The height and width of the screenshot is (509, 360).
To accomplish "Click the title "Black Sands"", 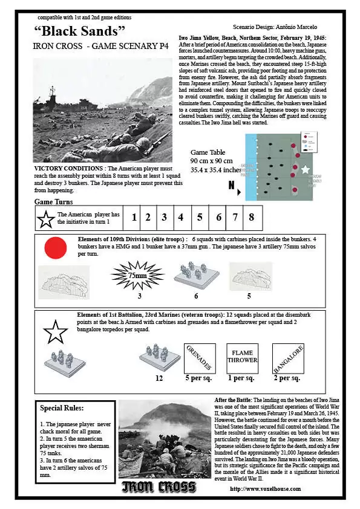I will click(x=80, y=30).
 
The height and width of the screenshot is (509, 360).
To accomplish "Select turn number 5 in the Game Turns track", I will click(x=199, y=217).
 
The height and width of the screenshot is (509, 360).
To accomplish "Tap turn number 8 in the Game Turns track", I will click(x=251, y=217).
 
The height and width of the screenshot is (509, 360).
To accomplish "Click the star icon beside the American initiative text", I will click(x=45, y=218).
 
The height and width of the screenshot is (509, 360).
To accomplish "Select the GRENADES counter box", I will click(x=199, y=358).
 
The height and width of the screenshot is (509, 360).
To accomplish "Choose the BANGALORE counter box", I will click(x=287, y=358).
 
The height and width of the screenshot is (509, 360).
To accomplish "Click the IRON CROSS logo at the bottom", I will click(x=159, y=487).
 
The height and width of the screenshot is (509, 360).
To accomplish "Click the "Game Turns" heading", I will click(x=54, y=201).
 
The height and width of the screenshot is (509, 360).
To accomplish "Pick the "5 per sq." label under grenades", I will click(x=199, y=378).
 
